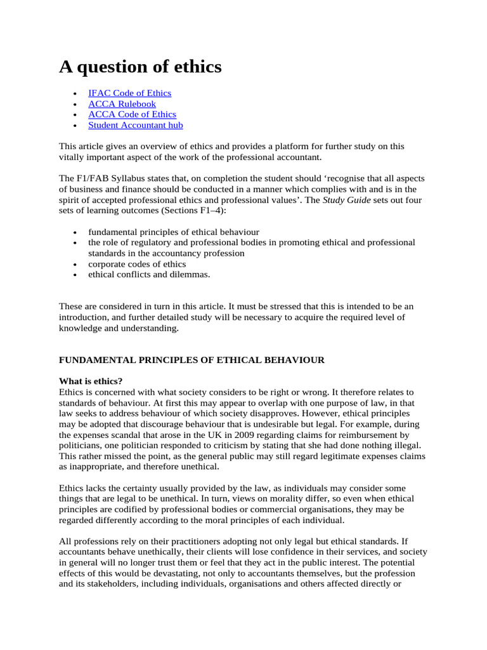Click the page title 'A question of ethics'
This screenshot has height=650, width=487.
(x=140, y=67)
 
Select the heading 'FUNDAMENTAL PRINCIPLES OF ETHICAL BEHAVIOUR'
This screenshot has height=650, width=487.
(x=192, y=360)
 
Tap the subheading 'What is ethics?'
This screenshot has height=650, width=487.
(x=91, y=381)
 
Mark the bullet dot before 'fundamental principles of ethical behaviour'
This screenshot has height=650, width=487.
(x=76, y=232)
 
